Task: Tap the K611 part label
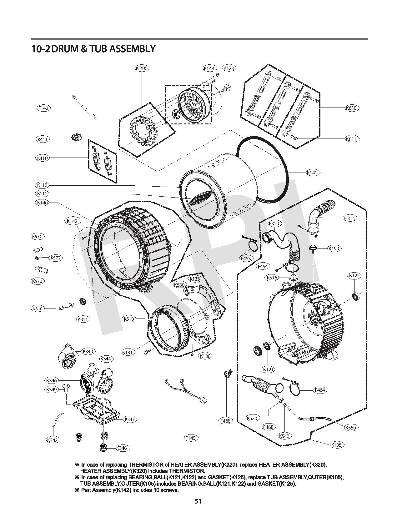click(x=352, y=138)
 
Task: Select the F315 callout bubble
click(x=350, y=218)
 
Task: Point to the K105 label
click(x=336, y=444)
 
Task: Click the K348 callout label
click(x=121, y=448)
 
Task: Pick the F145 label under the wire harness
click(x=190, y=438)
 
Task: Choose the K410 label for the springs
click(x=42, y=158)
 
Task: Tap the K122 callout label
click(x=354, y=276)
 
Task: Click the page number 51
click(x=198, y=501)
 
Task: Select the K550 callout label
click(x=351, y=427)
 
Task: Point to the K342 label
click(x=53, y=440)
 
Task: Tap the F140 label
click(x=43, y=108)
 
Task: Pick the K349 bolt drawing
click(x=66, y=388)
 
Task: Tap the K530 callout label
click(x=179, y=285)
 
